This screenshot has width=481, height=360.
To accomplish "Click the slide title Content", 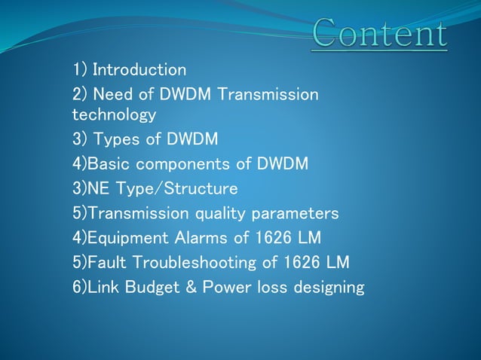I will coord(379,34).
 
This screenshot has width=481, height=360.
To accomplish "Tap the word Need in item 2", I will coord(115,94).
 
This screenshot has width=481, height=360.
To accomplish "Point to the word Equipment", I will coord(127,238).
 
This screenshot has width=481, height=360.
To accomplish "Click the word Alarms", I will coord(198,238).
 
